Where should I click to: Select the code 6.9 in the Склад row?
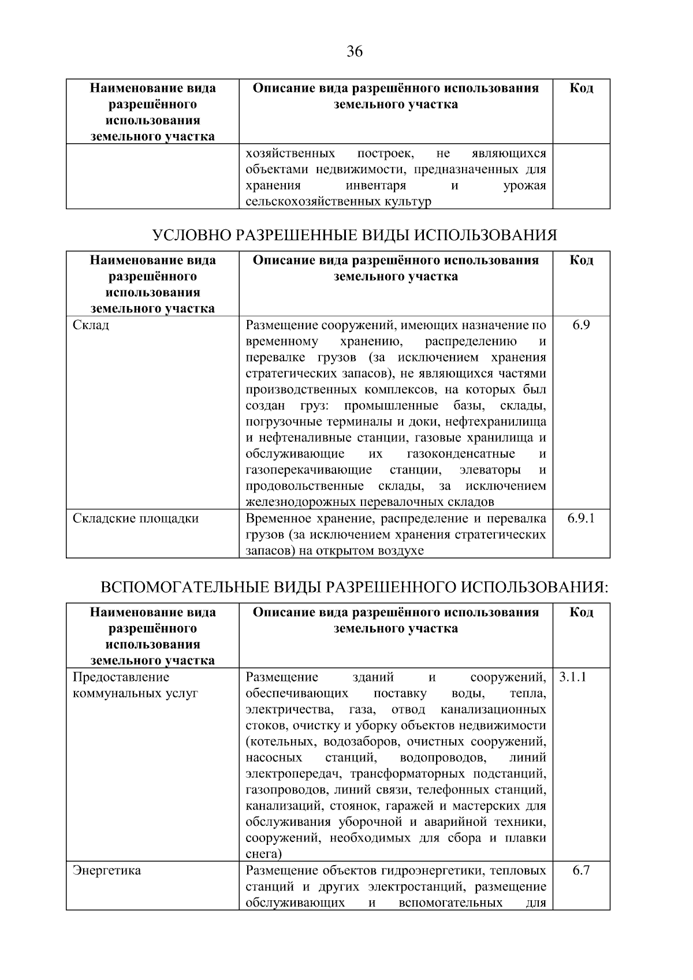click(581, 325)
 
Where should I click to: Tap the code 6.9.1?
click(581, 518)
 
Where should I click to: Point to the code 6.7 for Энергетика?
click(581, 870)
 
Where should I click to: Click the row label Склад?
click(91, 325)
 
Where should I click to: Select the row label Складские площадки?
click(136, 518)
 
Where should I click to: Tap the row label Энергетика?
click(107, 870)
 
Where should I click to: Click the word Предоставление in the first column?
click(121, 677)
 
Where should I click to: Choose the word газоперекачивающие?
click(308, 469)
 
